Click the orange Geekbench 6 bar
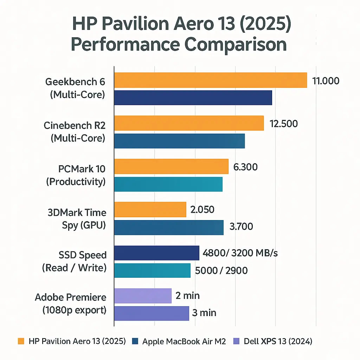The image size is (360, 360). click(x=210, y=80)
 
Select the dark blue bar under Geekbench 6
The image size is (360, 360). click(x=193, y=98)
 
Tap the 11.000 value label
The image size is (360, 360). click(x=326, y=81)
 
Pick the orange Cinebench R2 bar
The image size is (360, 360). click(x=189, y=123)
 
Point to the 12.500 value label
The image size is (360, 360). click(x=284, y=124)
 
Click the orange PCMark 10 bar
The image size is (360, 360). click(x=171, y=166)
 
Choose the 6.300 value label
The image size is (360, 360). click(x=245, y=167)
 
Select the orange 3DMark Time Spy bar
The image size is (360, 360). click(x=150, y=210)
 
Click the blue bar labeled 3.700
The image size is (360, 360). click(x=169, y=227)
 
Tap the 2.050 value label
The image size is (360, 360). click(x=202, y=210)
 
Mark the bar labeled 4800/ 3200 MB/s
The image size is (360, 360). click(x=156, y=253)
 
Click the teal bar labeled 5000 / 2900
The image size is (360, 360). click(x=152, y=270)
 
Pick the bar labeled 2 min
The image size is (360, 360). click(x=143, y=296)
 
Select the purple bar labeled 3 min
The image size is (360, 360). click(x=152, y=313)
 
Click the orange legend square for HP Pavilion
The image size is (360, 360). click(x=21, y=341)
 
